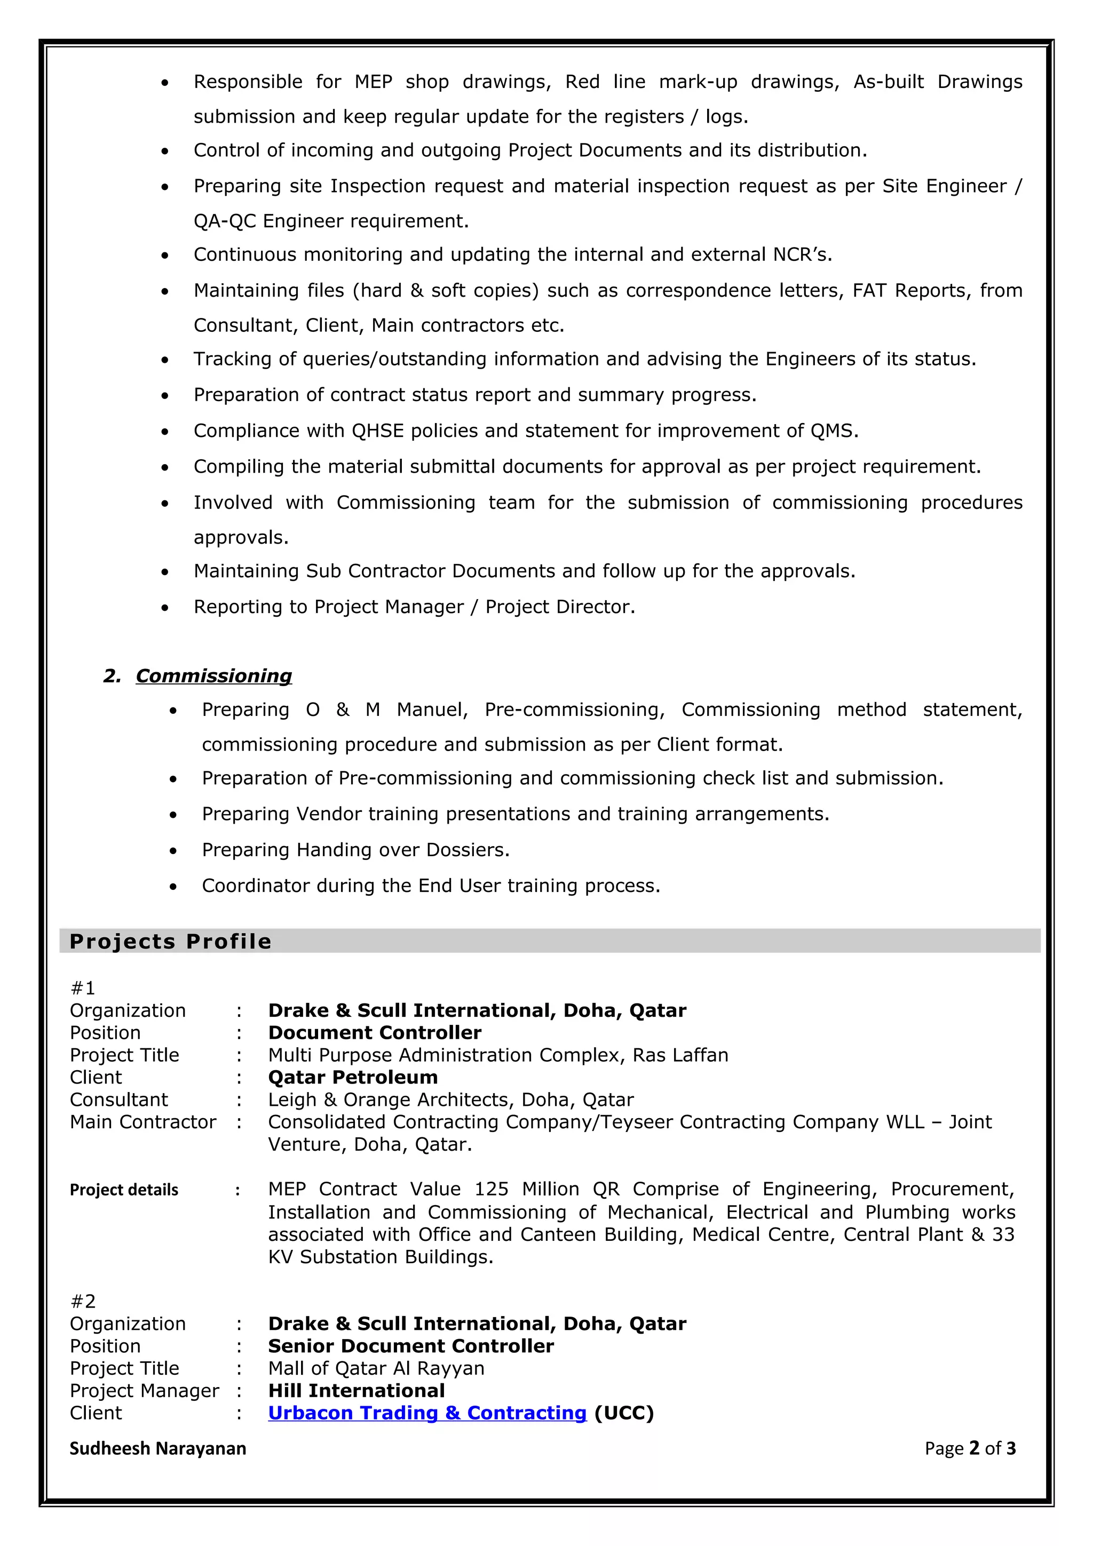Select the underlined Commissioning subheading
(x=213, y=676)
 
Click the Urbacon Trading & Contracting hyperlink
(x=427, y=1413)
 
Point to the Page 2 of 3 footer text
(x=970, y=1448)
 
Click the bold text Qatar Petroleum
(x=353, y=1078)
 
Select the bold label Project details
(x=124, y=1190)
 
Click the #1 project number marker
(x=83, y=988)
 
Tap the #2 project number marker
(x=83, y=1301)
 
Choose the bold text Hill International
(x=357, y=1390)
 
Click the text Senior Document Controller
(x=411, y=1346)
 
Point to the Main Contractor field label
(x=143, y=1122)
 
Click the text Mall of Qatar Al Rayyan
(x=376, y=1368)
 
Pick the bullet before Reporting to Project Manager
(x=165, y=608)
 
